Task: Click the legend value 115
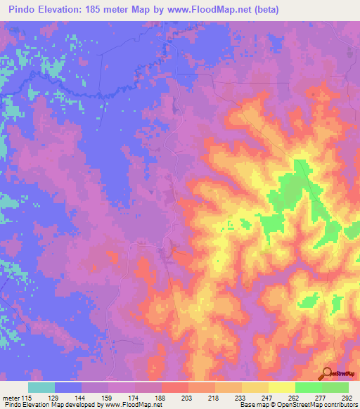(x=27, y=398)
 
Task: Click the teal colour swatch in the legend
(x=41, y=387)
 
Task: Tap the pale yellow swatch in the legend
(x=282, y=387)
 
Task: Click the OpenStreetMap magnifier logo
(x=327, y=373)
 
